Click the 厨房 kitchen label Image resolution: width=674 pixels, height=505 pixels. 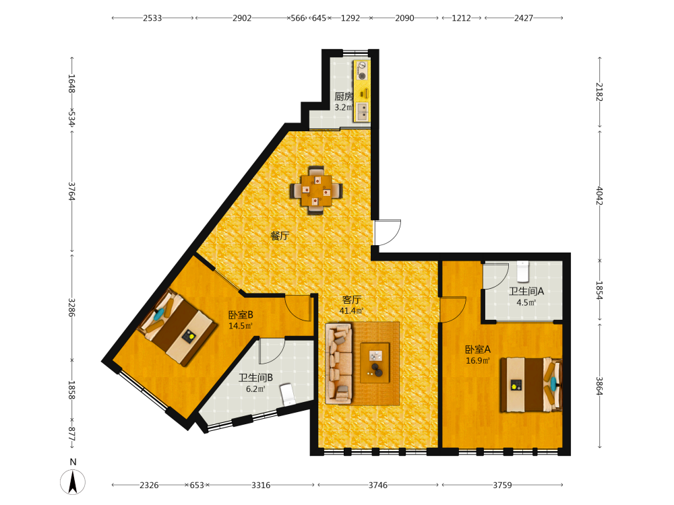[344, 96]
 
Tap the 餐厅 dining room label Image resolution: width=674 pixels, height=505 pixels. [280, 236]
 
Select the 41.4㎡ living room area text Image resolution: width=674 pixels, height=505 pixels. [351, 310]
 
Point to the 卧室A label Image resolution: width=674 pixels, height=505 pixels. [478, 349]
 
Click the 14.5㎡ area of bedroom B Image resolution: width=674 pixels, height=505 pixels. [241, 325]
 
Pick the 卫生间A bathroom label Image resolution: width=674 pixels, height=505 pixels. [526, 291]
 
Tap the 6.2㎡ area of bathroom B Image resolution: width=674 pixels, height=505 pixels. [255, 389]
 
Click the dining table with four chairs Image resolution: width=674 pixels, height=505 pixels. [316, 190]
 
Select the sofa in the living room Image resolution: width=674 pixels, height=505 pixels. [339, 364]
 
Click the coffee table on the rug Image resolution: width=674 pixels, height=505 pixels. [375, 363]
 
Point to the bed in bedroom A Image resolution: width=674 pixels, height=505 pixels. [531, 384]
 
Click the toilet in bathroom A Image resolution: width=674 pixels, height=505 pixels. [523, 271]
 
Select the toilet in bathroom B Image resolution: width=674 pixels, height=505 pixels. [288, 395]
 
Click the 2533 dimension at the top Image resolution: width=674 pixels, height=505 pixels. [152, 18]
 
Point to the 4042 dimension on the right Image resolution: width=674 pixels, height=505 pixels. [600, 196]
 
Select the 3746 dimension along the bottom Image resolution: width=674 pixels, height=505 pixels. [378, 485]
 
